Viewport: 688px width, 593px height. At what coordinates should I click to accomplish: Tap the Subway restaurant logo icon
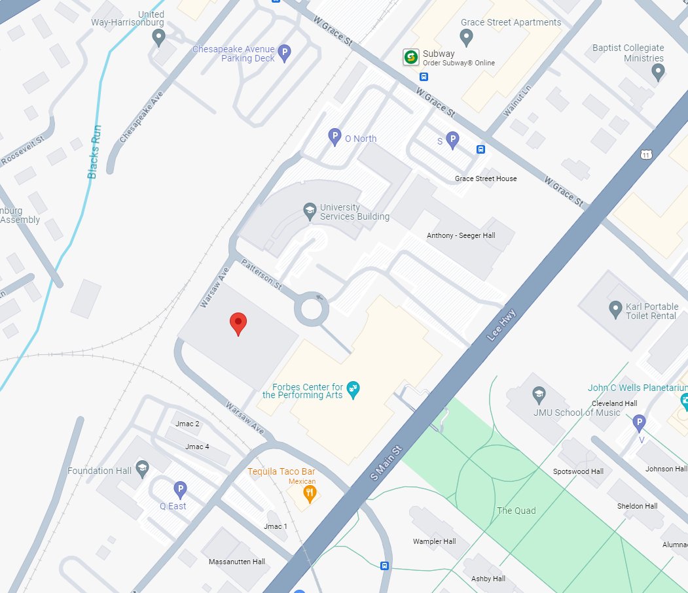411,58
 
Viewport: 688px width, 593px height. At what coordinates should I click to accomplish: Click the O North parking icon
335,137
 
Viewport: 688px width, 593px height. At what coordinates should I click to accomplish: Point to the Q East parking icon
180,489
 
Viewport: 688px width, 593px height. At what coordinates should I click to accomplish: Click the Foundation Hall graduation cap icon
142,467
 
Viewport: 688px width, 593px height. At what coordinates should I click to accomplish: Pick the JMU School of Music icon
539,394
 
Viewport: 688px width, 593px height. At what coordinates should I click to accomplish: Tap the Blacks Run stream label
95,152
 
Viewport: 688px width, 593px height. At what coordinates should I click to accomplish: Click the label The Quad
516,511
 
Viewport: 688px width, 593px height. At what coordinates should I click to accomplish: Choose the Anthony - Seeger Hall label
461,235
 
